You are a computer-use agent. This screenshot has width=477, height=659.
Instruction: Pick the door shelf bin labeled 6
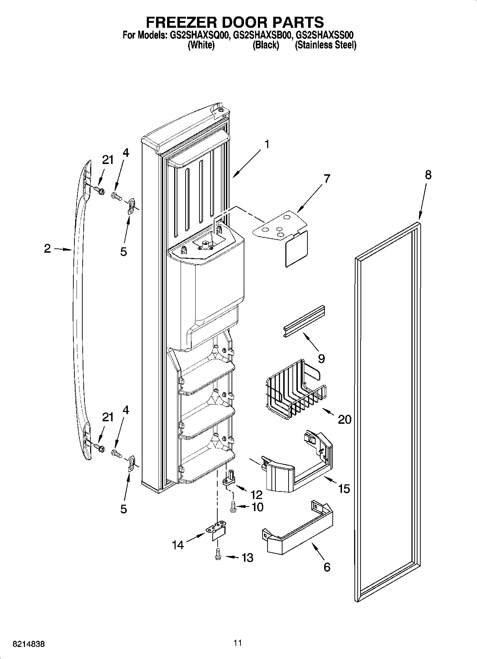coord(297,531)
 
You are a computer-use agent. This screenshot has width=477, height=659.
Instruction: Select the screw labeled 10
coord(233,506)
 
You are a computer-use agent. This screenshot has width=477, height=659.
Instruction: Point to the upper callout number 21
coord(108,160)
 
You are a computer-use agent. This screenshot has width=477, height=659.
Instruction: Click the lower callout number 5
coord(123,509)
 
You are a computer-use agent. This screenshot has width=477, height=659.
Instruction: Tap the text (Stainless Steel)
coord(325,45)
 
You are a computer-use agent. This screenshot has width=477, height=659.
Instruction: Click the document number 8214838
coord(28,644)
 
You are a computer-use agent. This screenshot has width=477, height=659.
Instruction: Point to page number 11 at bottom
coord(238,643)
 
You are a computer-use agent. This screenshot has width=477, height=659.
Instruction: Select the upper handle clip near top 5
coord(131,206)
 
